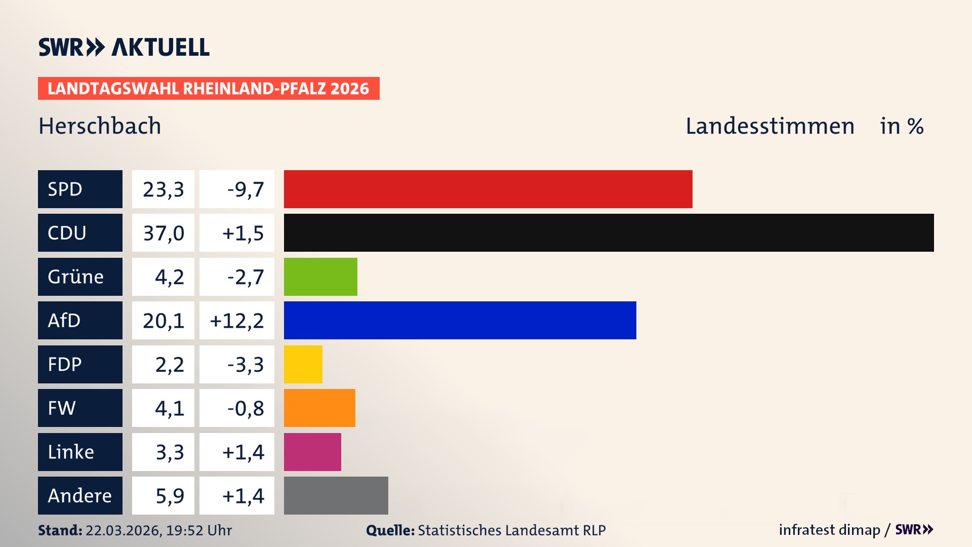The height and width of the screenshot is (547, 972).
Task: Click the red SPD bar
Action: [x=488, y=189]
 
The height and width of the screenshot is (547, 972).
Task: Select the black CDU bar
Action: [x=609, y=233]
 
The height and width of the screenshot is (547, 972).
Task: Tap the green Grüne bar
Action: [x=320, y=277]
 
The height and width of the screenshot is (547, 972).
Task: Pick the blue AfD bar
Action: [x=460, y=321]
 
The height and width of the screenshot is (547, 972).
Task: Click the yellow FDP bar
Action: [x=303, y=364]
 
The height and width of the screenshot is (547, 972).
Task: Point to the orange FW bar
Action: [x=319, y=408]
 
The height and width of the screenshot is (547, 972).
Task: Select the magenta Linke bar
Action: [x=312, y=452]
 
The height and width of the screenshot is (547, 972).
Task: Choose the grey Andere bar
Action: [x=336, y=495]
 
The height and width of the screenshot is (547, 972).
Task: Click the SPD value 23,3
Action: [x=163, y=189]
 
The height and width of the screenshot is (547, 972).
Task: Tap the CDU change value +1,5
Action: [x=242, y=233]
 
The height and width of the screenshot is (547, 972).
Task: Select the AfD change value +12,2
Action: [x=236, y=321]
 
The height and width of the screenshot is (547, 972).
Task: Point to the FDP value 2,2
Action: [x=169, y=365]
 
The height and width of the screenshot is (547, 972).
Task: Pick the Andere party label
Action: [x=80, y=495]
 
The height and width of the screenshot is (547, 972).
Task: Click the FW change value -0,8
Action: [x=245, y=408]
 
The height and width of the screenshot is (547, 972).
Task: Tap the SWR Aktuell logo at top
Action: [x=124, y=47]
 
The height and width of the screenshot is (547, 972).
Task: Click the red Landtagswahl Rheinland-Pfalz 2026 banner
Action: [x=209, y=89]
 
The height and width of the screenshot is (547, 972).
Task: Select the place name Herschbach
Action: [x=100, y=126]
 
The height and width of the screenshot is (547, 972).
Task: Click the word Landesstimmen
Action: [x=769, y=126]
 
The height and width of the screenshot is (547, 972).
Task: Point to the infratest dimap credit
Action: [x=829, y=530]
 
